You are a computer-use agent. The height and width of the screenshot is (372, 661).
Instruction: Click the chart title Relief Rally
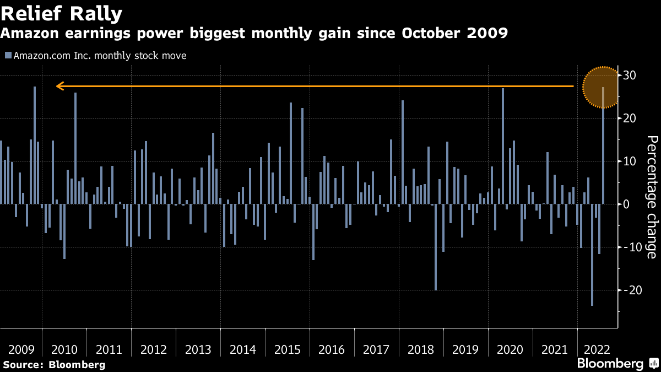coord(61,13)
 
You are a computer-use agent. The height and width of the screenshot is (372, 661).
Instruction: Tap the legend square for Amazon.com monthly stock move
coord(8,55)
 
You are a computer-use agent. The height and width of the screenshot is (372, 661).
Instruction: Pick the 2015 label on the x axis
coord(287,349)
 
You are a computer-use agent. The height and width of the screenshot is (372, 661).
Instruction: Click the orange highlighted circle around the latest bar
coord(602,87)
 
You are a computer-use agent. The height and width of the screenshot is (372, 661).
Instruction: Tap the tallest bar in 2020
coord(503,146)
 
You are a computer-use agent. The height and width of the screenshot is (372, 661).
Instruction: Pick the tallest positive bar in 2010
coord(75,148)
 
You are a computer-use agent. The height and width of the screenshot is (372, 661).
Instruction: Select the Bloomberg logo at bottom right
coord(610,364)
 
